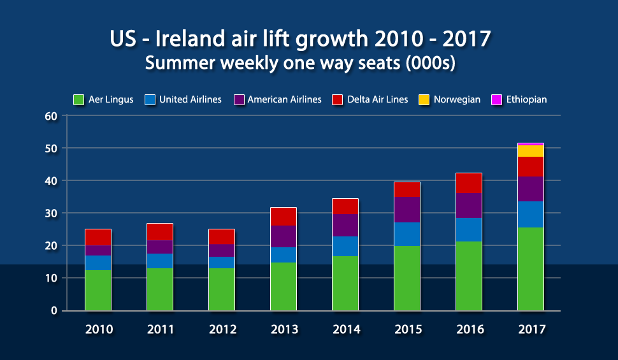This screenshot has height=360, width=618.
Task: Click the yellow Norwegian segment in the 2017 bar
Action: click(531, 151)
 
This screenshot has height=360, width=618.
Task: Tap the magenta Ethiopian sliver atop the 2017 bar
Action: click(531, 144)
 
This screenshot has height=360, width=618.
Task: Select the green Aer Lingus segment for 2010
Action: click(98, 290)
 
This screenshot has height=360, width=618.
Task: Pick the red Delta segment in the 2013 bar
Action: click(284, 217)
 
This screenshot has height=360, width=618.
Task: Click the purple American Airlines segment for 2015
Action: click(407, 210)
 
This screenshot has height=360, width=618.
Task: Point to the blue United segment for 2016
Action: click(469, 230)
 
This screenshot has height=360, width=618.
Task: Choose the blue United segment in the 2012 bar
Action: click(222, 263)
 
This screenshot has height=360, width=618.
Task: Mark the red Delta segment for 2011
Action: click(160, 232)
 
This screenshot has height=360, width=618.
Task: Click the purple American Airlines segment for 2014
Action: click(345, 226)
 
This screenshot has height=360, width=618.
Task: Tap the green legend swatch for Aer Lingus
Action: click(79, 100)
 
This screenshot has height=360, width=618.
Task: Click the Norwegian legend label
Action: click(457, 99)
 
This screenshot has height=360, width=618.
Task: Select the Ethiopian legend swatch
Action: click(496, 100)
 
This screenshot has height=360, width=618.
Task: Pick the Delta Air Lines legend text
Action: click(378, 99)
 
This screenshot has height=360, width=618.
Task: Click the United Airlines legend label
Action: click(190, 99)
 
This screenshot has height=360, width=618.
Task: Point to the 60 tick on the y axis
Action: click(51, 117)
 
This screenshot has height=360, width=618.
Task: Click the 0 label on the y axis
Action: click(54, 311)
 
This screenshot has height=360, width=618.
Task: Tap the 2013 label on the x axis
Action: click(284, 329)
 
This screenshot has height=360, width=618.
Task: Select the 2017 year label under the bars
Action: click(532, 329)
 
